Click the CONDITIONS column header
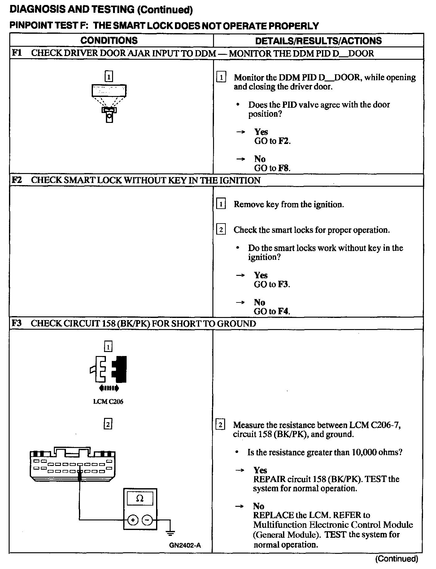pos(109,41)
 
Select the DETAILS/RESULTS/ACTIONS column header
pos(318,41)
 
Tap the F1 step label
pos(17,53)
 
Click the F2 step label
pos(17,180)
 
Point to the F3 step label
pos(17,324)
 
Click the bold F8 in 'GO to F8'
pos(284,168)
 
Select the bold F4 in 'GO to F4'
pos(283,311)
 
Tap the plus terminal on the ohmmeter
pos(133,520)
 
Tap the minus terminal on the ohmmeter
pos(147,520)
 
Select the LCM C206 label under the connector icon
pos(108,402)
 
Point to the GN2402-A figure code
pos(185,554)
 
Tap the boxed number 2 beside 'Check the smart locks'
pos(220,230)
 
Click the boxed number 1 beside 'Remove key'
pos(220,204)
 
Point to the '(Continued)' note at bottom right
pos(397,559)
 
